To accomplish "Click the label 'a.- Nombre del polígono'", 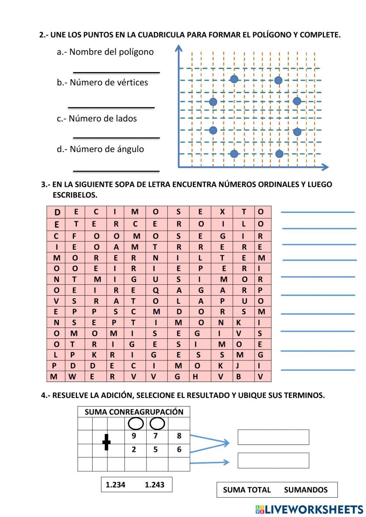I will [x=105, y=52].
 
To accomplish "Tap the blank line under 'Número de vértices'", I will [x=111, y=107].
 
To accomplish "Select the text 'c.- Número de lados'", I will [x=97, y=119].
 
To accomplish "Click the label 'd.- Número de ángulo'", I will [x=100, y=149].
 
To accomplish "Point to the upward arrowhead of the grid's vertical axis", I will [x=179, y=48].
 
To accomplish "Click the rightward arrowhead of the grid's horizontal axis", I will [x=325, y=167].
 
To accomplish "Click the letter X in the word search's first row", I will [x=222, y=211].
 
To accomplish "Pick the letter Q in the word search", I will [x=156, y=291].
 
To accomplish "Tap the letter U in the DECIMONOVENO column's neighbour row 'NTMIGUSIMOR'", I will [x=156, y=280].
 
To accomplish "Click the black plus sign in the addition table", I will [x=106, y=442].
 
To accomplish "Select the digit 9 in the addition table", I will [x=134, y=436].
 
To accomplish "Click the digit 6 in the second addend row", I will [x=179, y=450].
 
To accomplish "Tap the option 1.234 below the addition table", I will [x=115, y=485].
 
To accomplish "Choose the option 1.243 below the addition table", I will [x=154, y=485].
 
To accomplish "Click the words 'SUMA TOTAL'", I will [x=247, y=490].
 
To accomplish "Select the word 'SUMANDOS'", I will [x=306, y=490].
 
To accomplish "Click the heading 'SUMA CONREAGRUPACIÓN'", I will [x=134, y=412].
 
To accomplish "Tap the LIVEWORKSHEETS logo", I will [x=309, y=509].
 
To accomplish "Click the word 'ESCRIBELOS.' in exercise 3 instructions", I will [x=75, y=195].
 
